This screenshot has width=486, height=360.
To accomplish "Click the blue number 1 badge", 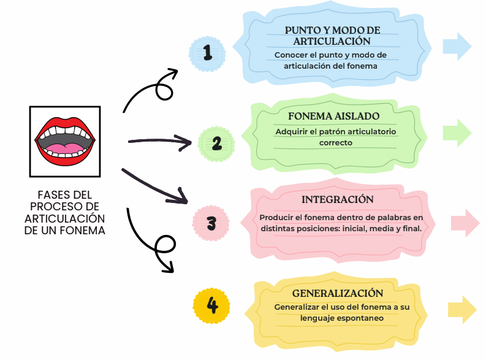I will tap(207, 54).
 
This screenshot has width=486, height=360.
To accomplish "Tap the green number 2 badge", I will tap(216, 143).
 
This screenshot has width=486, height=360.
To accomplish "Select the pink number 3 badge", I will tap(211, 223).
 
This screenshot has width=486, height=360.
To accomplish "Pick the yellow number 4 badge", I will tap(211, 305).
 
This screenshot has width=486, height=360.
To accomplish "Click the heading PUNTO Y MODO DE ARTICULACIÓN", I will tap(332, 36).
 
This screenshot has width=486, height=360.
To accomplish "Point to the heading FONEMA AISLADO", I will tap(334, 116).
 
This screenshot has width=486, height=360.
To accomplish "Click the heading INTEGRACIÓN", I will tap(337, 200).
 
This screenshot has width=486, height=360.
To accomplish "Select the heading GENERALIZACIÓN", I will tap(337, 293).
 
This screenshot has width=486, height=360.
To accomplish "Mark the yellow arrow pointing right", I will tap(463, 310).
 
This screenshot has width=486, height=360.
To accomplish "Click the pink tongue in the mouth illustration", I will tap(65, 148).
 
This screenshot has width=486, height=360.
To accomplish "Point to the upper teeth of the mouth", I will tap(64, 131).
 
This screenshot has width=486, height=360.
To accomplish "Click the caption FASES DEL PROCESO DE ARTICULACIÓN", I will tap(64, 212).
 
